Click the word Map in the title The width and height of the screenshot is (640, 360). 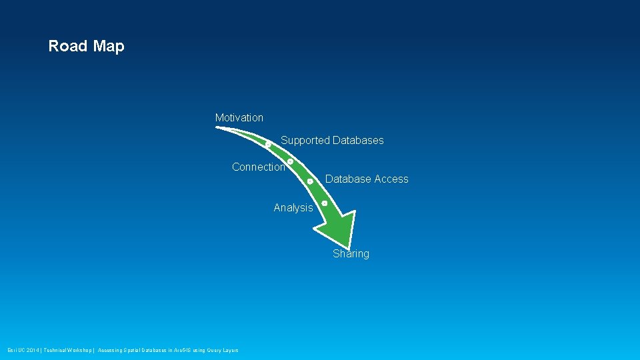coord(109,46)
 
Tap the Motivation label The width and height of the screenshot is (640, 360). coord(239,118)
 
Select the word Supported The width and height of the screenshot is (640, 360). coord(305,140)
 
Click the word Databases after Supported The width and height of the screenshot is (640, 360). coord(358,140)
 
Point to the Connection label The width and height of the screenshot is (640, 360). coord(259,167)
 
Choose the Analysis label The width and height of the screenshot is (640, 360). coord(293,207)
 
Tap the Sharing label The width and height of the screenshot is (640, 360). coord(351,253)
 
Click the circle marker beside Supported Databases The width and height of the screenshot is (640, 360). coord(268,143)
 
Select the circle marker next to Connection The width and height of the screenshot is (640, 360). coord(291,161)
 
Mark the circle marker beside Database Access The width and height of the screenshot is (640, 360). coord(310,181)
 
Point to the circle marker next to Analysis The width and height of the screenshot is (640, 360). coord(324,203)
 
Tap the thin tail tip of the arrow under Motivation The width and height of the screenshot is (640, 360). coord(219,127)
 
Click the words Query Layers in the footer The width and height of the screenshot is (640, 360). coord(223,350)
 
